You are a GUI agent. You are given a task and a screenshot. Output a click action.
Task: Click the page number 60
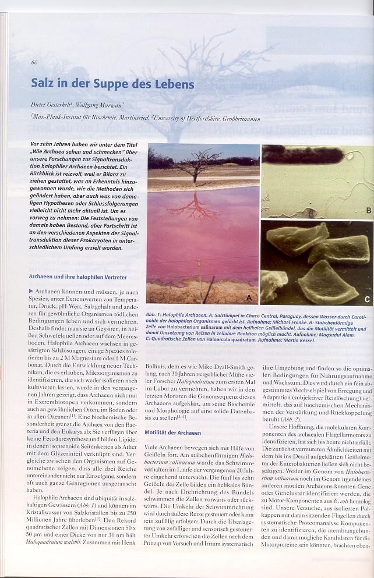point(35,62)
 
